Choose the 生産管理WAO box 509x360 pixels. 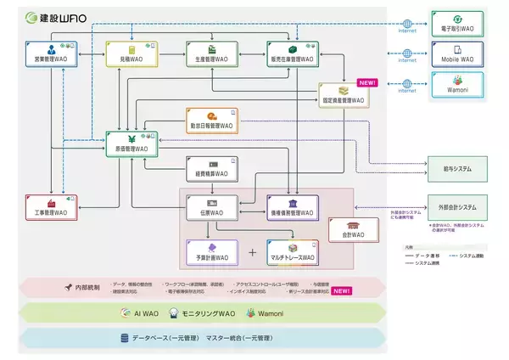coord(209,53)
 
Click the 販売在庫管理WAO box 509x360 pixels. coord(289,53)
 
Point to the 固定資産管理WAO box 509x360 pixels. coord(342,95)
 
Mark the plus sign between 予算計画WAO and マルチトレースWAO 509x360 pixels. coord(251,253)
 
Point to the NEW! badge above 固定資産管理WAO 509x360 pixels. coord(366,83)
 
